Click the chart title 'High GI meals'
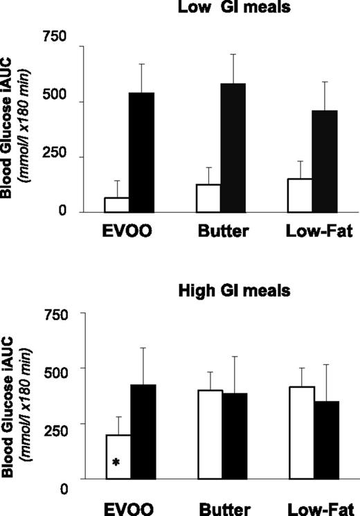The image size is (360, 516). [217, 291]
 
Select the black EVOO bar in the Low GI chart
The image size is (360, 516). [143, 152]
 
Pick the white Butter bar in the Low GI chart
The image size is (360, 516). [208, 198]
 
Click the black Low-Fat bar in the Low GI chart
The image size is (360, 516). [324, 161]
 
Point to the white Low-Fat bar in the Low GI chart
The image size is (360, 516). [298, 195]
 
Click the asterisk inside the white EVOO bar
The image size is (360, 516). [116, 463]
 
